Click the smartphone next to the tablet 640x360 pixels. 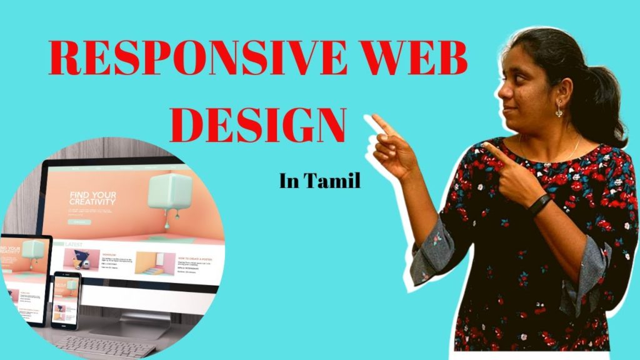65,299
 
